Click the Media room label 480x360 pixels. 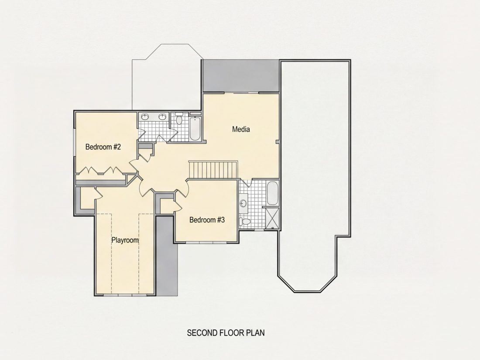(241, 129)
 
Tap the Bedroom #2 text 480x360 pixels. (103, 147)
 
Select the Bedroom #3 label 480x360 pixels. (207, 220)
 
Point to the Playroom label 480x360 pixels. (125, 240)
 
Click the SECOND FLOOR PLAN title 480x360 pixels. (226, 333)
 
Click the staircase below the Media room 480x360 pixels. (213, 169)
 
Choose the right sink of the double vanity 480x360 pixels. (163, 117)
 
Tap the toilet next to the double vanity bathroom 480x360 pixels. (179, 118)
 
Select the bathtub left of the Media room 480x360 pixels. (195, 128)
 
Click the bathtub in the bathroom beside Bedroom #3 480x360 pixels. (272, 193)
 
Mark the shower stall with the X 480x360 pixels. (272, 218)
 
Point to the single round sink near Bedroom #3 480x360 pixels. (243, 203)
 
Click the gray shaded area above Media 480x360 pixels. (241, 75)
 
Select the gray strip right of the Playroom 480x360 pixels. (167, 256)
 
